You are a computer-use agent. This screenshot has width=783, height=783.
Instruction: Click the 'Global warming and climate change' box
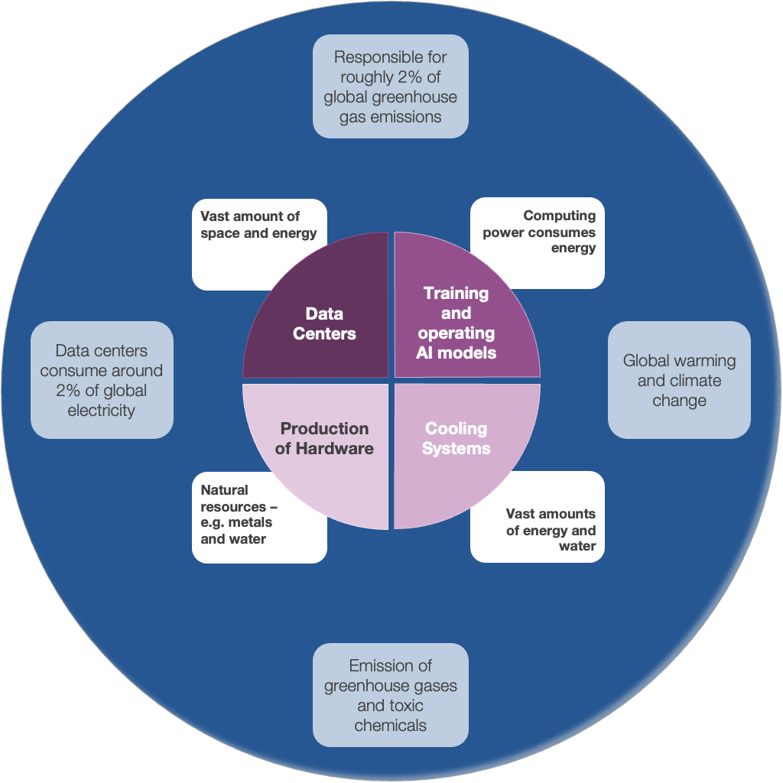tap(679, 380)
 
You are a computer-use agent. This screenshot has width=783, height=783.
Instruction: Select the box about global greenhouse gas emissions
tap(390, 86)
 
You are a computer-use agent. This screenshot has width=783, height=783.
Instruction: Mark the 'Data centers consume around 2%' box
tap(102, 380)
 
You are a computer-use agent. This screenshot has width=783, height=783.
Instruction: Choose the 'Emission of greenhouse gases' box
tap(390, 695)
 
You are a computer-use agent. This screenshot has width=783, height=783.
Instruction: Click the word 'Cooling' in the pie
tap(456, 428)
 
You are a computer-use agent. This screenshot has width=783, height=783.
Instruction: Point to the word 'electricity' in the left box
tap(102, 411)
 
